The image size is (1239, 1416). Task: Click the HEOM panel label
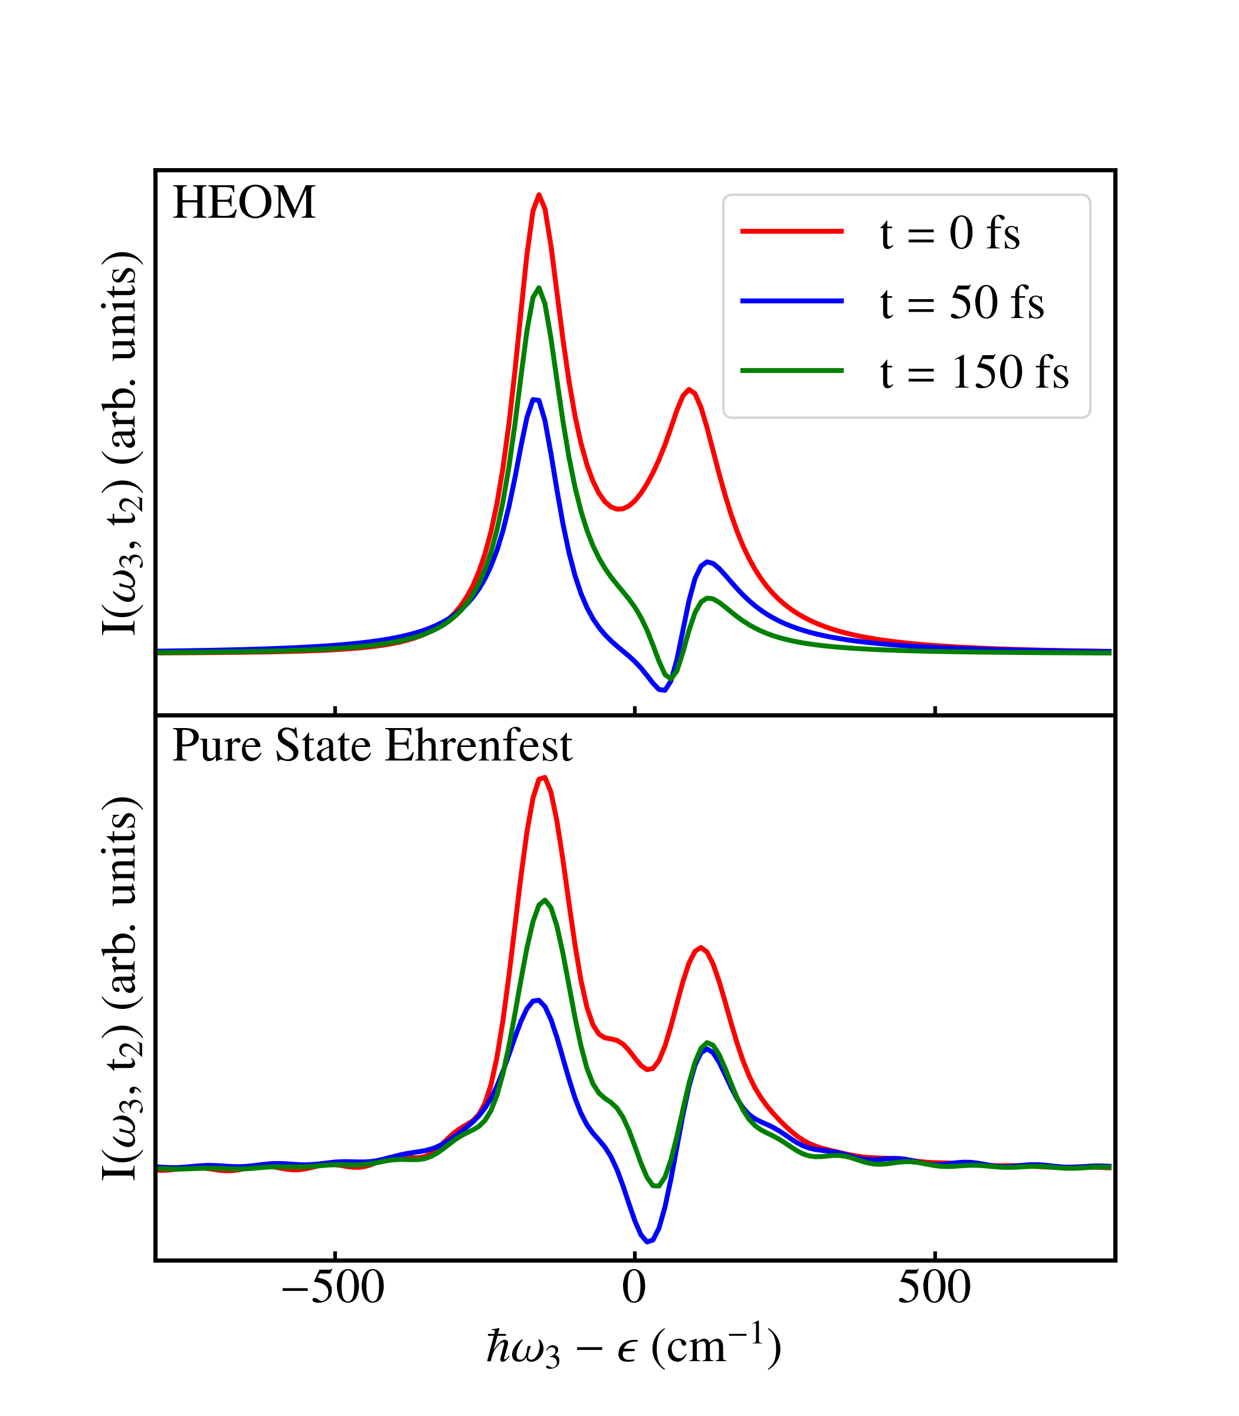(244, 204)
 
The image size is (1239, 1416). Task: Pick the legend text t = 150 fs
(973, 372)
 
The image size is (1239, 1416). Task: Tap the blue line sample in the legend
(792, 301)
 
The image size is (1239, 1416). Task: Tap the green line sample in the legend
(792, 371)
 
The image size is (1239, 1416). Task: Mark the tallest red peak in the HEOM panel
(539, 196)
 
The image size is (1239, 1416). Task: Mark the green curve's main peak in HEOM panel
(539, 289)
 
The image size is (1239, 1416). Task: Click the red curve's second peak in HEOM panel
(688, 389)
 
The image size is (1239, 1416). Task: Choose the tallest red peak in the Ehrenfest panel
(543, 778)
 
